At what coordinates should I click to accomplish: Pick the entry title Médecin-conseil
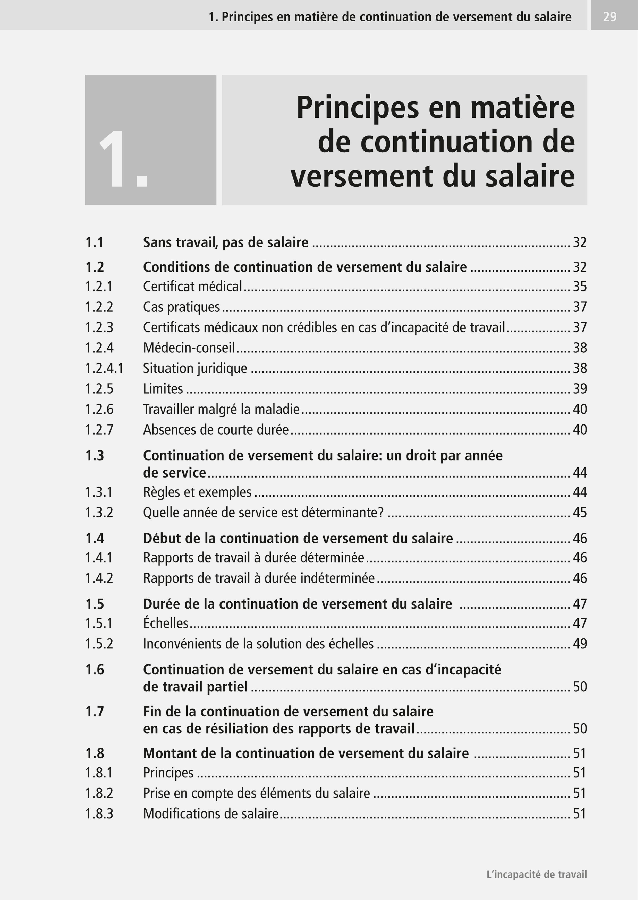(189, 348)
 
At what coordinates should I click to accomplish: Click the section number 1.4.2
(99, 578)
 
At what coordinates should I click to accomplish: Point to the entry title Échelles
(165, 623)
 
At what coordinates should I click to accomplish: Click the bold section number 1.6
(95, 670)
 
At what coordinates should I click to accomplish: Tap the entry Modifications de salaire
(210, 814)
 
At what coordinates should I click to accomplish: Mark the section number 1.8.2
(99, 793)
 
